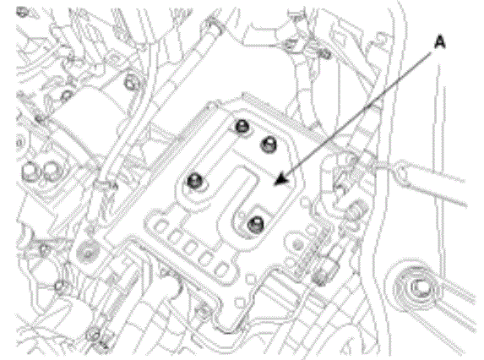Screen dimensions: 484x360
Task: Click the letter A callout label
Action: [x=439, y=42]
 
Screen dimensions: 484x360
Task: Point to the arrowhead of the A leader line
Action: [x=280, y=180]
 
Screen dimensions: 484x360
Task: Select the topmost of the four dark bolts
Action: [x=242, y=126]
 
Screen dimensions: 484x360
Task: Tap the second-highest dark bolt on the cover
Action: [x=269, y=144]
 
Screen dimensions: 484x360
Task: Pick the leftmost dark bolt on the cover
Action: [x=195, y=180]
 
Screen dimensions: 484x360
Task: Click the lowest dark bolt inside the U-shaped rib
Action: [x=256, y=223]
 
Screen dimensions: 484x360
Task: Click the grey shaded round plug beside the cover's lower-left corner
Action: [x=88, y=252]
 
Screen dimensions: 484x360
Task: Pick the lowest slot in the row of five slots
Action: [x=220, y=269]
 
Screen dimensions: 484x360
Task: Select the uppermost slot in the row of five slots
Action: [x=160, y=227]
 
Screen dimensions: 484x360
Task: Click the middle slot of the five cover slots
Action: [x=190, y=248]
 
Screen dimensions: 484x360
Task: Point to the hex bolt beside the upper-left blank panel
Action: [x=131, y=83]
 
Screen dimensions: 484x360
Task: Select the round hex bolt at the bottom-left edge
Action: [x=94, y=334]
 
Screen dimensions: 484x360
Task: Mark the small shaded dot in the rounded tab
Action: [x=297, y=245]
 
